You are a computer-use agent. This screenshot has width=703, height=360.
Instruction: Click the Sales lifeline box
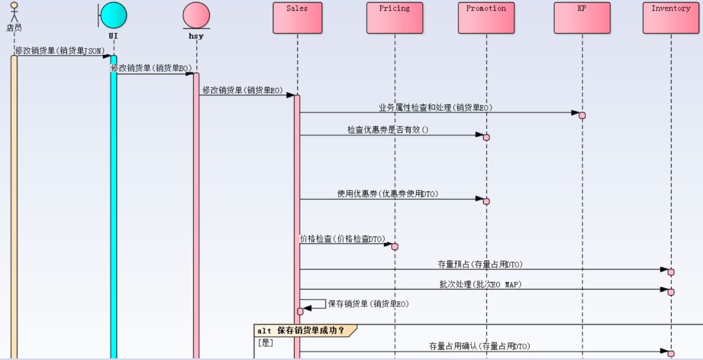pos(297,18)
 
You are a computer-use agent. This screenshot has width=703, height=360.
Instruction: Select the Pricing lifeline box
pos(394,18)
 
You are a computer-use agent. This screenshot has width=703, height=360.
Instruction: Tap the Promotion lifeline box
pos(486,18)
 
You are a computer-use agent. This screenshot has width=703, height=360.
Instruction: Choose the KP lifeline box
pos(582,18)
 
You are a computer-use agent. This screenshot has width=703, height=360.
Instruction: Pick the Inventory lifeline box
pos(671,18)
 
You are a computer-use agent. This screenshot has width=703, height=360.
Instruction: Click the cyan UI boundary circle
pos(114,15)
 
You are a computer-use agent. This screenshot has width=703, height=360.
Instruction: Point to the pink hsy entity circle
pos(196,15)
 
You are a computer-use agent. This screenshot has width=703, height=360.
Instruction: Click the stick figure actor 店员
pos(14,13)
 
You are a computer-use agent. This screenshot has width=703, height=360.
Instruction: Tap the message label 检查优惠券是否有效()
pos(388,130)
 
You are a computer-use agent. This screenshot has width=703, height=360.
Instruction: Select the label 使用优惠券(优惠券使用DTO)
pos(387,194)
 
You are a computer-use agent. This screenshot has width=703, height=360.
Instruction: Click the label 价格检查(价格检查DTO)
pos(342,240)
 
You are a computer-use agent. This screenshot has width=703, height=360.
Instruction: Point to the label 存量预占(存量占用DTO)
pos(480,264)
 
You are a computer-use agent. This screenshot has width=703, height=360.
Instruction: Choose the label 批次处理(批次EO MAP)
pos(480,284)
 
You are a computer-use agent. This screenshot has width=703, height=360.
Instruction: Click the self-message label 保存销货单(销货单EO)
pos(368,303)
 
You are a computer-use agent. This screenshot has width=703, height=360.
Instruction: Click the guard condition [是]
pos(265,342)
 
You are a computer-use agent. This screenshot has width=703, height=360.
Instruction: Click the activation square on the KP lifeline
pos(582,116)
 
